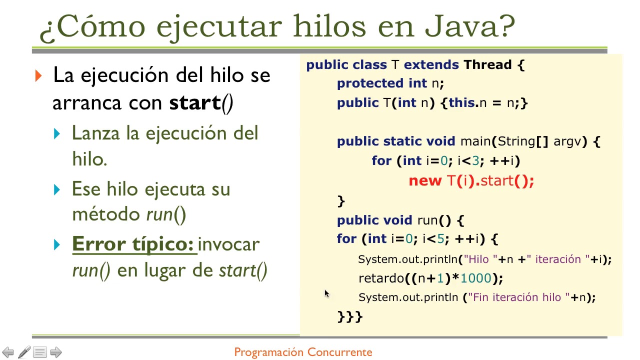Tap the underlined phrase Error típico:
point(133,244)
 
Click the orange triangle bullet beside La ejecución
point(39,76)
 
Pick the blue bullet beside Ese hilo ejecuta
point(58,190)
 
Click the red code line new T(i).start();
point(471,180)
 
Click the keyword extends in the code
point(431,65)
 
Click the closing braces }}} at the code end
point(349,316)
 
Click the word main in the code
point(475,141)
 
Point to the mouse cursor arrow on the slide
point(326,293)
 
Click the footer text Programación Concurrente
point(303,352)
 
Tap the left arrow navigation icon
point(8,352)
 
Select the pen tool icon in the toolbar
point(24,352)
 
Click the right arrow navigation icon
point(56,352)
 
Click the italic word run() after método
point(166,214)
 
